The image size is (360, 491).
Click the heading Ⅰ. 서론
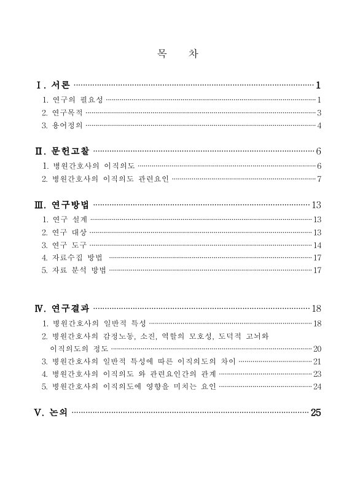[54, 84]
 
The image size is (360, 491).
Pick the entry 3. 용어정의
[61, 126]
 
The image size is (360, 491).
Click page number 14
[317, 245]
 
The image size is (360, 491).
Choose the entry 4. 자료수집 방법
[72, 258]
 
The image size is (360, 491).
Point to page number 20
[317, 349]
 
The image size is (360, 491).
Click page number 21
[317, 361]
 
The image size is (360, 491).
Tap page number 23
[317, 374]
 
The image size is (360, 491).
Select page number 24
[317, 387]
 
